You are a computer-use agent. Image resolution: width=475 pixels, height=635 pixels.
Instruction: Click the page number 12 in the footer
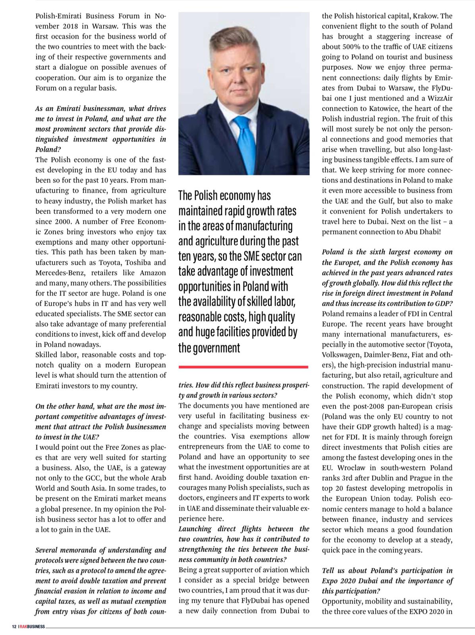click(x=14, y=627)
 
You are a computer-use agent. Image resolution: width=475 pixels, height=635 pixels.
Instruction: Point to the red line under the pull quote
click(x=243, y=367)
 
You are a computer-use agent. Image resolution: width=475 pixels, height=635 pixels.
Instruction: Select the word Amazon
click(x=153, y=273)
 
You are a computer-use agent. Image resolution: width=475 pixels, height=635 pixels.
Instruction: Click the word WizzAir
click(x=438, y=98)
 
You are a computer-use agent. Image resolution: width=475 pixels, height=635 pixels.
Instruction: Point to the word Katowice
click(x=398, y=108)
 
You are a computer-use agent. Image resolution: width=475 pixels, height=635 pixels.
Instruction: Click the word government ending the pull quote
click(x=209, y=348)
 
